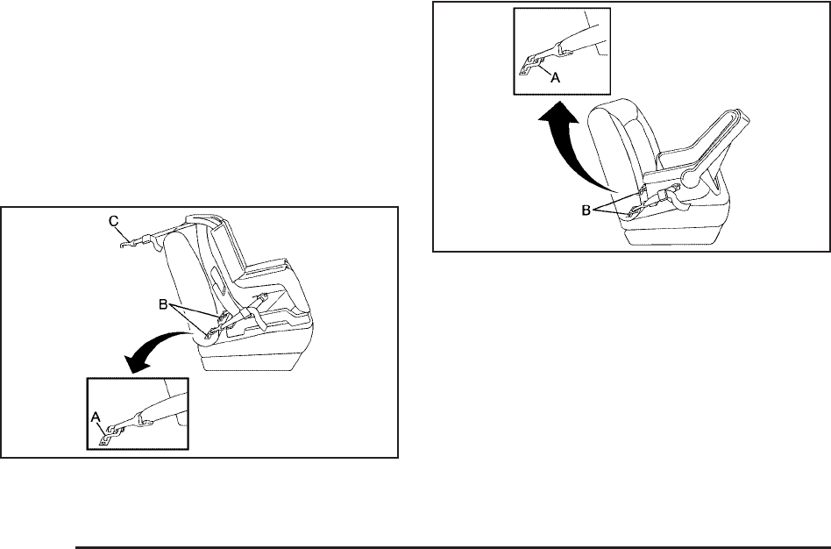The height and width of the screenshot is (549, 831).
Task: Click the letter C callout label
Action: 114,223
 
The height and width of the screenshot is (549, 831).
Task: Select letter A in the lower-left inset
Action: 96,419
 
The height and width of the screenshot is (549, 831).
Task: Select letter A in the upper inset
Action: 554,76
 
